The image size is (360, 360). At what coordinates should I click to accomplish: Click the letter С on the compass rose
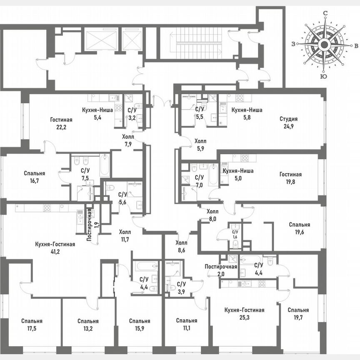(325, 13)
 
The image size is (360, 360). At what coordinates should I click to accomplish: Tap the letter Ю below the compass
(322, 76)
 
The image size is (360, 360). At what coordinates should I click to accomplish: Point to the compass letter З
(294, 44)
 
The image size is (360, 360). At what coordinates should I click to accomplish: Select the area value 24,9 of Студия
(288, 126)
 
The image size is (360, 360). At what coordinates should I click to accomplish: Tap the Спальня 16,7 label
(35, 177)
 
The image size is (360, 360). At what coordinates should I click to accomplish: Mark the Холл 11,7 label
(125, 235)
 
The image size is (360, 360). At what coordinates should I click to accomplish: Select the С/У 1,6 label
(235, 234)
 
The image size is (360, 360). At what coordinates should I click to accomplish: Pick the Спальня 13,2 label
(88, 325)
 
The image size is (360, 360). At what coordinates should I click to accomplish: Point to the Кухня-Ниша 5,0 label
(238, 174)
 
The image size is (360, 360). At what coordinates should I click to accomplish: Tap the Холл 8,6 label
(182, 246)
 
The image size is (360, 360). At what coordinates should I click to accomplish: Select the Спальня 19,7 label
(298, 314)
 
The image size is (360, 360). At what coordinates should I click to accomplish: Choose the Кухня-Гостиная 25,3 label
(244, 314)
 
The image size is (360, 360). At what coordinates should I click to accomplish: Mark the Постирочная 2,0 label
(221, 270)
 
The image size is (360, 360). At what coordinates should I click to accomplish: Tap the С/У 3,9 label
(181, 287)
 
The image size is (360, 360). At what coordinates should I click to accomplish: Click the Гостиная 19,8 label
(290, 178)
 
